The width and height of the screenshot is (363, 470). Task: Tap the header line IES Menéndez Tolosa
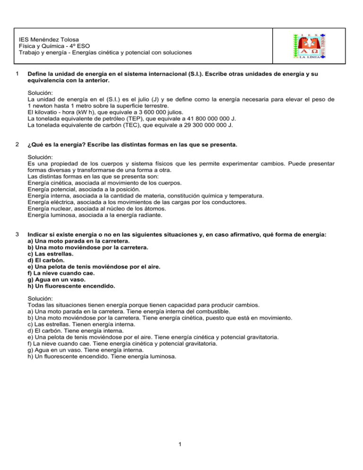pyautogui.click(x=53, y=39)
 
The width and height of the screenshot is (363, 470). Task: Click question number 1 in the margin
pyautogui.click(x=17, y=74)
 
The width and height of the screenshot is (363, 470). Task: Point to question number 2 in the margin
pyautogui.click(x=17, y=144)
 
